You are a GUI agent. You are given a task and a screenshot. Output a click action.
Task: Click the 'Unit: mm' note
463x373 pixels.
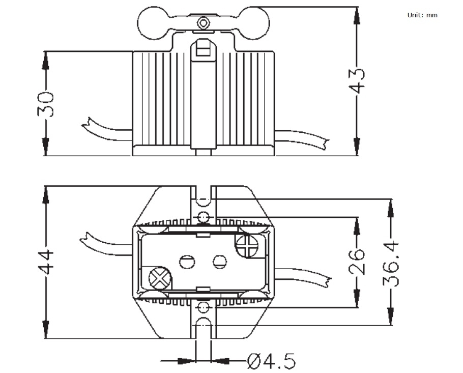point(422,15)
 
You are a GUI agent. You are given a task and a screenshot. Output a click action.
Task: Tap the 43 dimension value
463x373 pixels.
point(357,80)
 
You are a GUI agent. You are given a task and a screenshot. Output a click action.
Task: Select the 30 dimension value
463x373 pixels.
point(45,104)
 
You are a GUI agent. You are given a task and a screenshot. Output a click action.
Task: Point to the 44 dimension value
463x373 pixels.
point(45,263)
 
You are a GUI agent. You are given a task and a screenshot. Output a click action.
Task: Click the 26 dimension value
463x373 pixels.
point(357,262)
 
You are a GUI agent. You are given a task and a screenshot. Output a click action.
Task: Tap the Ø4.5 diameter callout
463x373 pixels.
point(271,361)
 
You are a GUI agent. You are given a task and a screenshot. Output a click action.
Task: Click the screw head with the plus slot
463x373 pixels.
point(247,245)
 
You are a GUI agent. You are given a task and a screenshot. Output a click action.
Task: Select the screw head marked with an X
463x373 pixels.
point(160,278)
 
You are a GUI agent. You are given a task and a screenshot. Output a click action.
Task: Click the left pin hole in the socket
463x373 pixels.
point(187,262)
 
